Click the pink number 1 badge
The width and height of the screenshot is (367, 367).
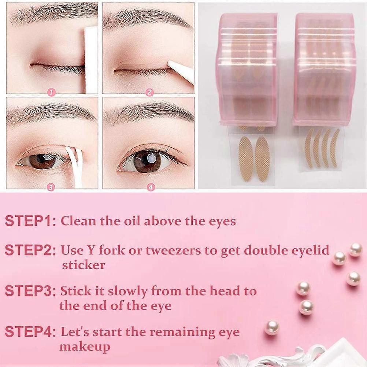point(52,93)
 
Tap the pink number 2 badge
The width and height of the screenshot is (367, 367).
point(149,92)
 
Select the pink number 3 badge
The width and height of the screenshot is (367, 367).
point(52,187)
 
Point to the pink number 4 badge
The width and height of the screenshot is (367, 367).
point(151,187)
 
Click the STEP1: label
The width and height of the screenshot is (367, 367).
point(30,221)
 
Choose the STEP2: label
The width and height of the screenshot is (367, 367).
point(30,250)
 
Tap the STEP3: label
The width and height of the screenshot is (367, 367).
point(30,291)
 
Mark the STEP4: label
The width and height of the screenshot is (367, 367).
point(30,332)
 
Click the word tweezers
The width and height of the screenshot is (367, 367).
point(173,251)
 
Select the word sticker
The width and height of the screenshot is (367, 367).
point(84,265)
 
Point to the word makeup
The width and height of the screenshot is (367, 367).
point(85,347)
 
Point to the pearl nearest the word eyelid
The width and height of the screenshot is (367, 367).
point(339,258)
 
